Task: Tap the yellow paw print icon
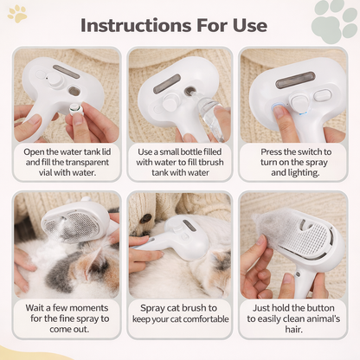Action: point(17,14)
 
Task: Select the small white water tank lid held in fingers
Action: point(77,110)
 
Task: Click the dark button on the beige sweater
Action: point(145,218)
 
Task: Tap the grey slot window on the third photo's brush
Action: point(295,80)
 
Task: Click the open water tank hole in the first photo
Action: point(74,91)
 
